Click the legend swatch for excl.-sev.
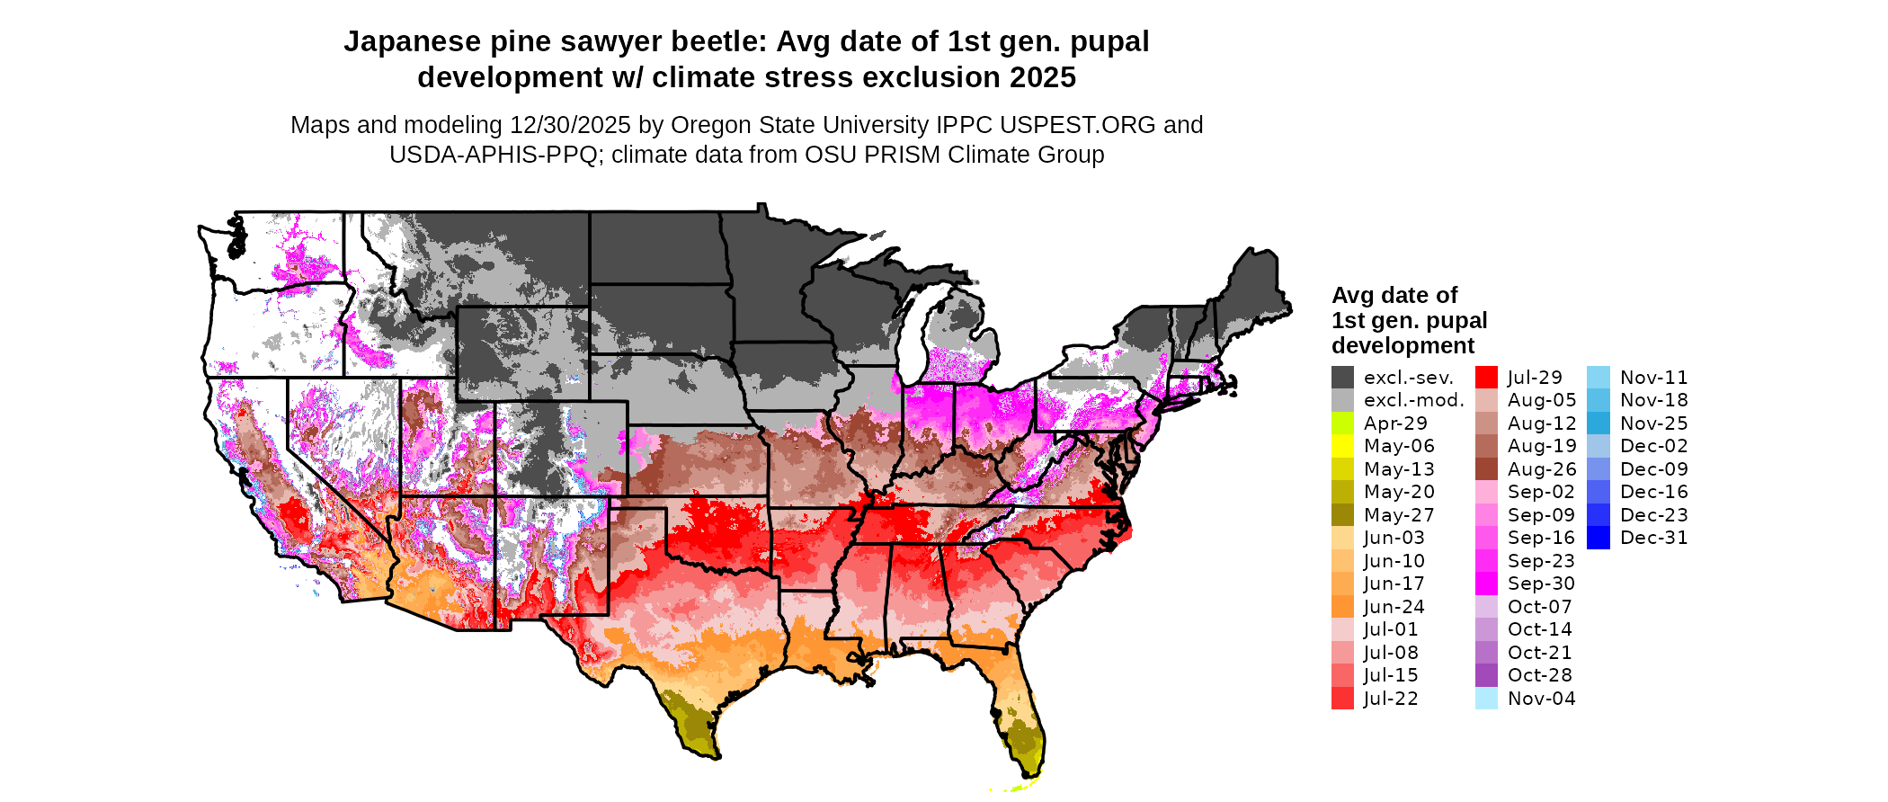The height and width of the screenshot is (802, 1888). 1342,378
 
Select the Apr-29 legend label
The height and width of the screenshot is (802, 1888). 1395,423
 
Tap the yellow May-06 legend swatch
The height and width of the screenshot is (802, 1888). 1342,446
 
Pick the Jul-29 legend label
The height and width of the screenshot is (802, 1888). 1535,378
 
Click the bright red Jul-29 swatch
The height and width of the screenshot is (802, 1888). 1486,378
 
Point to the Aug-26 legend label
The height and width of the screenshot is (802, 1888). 1542,469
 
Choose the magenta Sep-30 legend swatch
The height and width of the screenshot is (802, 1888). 1486,584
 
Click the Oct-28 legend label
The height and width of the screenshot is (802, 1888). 1540,675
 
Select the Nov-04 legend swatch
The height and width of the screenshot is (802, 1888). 1486,699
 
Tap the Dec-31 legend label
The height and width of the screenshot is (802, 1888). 1654,538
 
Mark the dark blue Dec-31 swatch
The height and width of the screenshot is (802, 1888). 1599,538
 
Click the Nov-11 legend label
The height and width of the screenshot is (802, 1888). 1654,378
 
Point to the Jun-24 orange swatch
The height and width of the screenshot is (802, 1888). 1342,607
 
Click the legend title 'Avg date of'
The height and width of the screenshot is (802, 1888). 1394,295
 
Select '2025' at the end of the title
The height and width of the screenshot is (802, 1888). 1042,77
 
